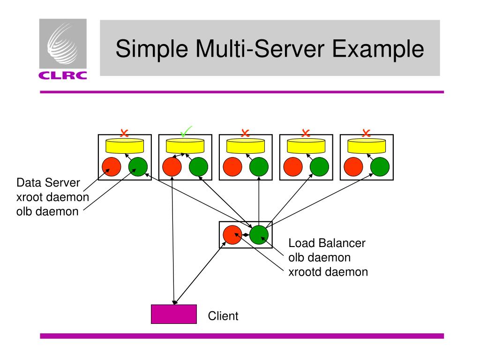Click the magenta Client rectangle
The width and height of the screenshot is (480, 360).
tap(174, 314)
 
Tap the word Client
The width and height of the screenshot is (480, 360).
tap(223, 316)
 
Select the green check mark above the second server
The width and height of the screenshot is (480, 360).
tap(186, 132)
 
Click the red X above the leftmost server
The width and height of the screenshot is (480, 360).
tap(124, 133)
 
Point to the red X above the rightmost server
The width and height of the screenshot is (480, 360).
tap(366, 133)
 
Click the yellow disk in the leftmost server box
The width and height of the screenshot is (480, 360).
tap(125, 146)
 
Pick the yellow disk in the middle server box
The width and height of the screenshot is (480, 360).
tap(246, 146)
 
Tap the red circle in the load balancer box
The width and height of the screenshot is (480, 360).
tap(232, 235)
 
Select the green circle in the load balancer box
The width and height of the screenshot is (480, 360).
tap(259, 235)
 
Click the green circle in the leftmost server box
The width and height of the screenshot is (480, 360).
tap(138, 167)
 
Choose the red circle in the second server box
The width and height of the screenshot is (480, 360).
tap(172, 167)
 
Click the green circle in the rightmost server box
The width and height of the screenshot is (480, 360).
tap(380, 167)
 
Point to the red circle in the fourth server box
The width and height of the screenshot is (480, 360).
tap(293, 167)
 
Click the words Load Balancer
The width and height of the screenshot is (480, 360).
tap(327, 243)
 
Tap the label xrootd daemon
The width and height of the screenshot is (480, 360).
tap(328, 272)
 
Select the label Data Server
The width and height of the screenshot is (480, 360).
tap(48, 182)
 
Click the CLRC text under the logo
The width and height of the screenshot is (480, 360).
tap(63, 75)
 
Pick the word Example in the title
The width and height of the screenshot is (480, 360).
tap(378, 49)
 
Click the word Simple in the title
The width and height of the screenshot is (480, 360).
tap(152, 49)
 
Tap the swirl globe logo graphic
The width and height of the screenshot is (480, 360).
tap(62, 44)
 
